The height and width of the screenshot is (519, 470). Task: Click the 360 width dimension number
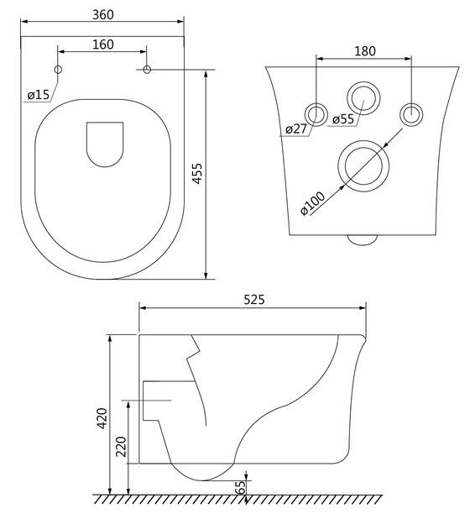(x=103, y=15)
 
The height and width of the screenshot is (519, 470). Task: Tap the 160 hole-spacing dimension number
(x=103, y=45)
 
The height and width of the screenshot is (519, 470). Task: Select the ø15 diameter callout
(x=39, y=96)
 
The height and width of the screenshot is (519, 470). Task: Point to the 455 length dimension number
(x=198, y=173)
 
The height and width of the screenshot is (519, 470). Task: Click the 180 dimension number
(x=365, y=51)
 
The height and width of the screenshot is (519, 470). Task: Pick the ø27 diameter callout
(x=296, y=128)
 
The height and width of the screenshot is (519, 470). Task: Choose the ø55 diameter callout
(x=343, y=118)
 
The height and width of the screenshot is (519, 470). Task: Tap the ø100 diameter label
(x=312, y=203)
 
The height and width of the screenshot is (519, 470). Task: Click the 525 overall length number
(x=254, y=300)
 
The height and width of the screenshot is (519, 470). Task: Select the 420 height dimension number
(x=102, y=418)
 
